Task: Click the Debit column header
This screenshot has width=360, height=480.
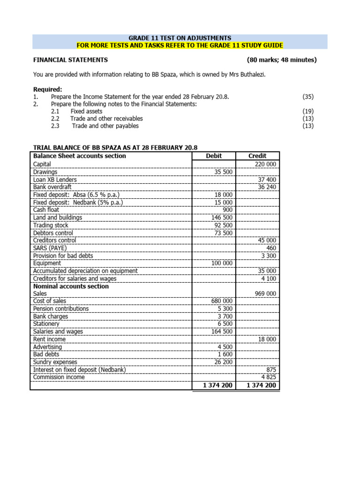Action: click(214, 156)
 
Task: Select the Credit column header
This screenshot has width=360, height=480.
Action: click(257, 156)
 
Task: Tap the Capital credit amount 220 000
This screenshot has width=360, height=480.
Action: click(266, 164)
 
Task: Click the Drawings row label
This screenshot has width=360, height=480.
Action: click(45, 172)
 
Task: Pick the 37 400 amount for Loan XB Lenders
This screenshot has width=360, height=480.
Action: click(267, 180)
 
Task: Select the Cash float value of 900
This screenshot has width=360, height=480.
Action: click(227, 210)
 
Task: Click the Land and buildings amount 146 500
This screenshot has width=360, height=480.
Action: click(222, 217)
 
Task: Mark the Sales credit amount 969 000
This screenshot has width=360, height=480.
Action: click(266, 293)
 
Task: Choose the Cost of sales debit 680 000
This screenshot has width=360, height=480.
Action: click(222, 301)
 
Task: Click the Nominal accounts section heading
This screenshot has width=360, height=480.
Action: click(71, 286)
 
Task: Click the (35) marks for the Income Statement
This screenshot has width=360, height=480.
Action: click(308, 97)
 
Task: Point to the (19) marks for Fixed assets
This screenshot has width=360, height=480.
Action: click(308, 112)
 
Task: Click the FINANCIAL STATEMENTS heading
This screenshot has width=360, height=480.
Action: click(70, 60)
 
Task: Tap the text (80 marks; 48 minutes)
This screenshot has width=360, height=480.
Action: click(282, 60)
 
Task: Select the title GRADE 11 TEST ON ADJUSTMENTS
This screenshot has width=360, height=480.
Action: click(180, 38)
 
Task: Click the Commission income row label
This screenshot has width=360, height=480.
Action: click(59, 377)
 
